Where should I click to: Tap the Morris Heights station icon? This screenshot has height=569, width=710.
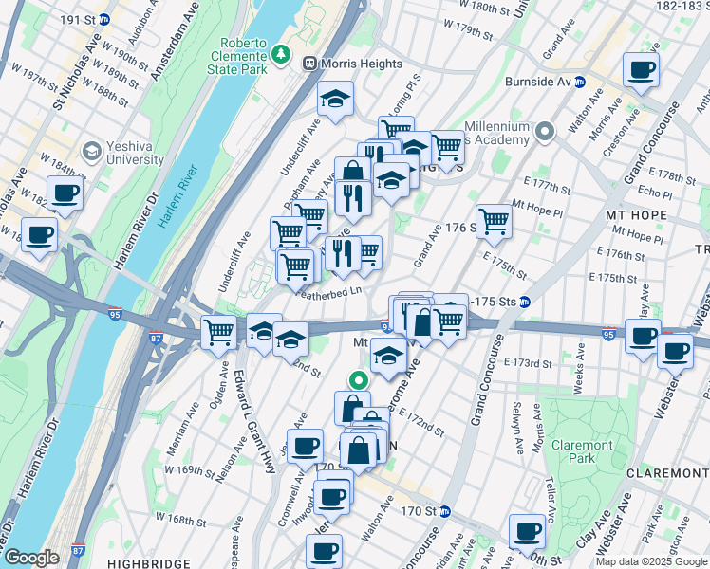pos(309,63)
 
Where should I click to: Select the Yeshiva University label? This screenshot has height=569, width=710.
pos(121,153)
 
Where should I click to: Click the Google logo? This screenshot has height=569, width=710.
pos(30,558)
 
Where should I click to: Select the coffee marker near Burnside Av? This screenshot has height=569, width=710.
pos(641,69)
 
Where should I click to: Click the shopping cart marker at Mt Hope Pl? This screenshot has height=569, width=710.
pos(494,221)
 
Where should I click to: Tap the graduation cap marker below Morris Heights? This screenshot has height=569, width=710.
pos(335,100)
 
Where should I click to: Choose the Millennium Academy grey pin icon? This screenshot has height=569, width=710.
pos(545,131)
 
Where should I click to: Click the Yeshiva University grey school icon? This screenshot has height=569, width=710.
pos(92,152)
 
